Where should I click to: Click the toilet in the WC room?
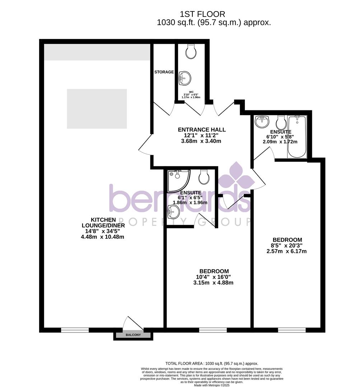(191, 52)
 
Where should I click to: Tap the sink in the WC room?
(185, 77)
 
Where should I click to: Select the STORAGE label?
(164, 72)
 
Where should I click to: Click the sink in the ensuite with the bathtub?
(262, 121)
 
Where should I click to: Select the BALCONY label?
(133, 335)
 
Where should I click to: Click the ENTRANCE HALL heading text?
(202, 130)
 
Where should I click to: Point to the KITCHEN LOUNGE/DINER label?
(103, 223)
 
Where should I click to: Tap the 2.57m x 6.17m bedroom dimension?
(286, 251)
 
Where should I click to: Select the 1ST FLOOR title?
(202, 14)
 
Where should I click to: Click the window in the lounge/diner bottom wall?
(75, 330)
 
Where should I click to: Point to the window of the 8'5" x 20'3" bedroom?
(291, 330)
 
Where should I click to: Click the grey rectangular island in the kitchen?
(97, 109)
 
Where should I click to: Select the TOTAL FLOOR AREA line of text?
(211, 363)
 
